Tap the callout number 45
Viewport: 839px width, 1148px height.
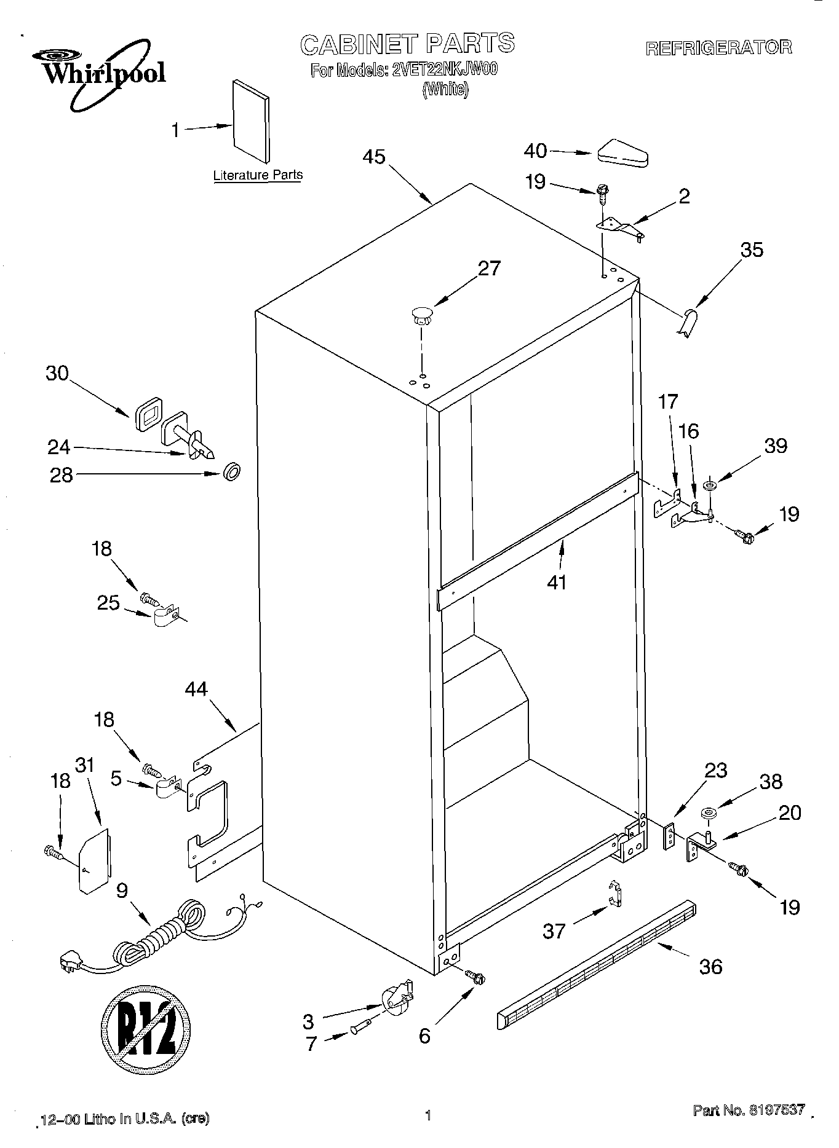374,157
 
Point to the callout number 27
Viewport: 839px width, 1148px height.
489,269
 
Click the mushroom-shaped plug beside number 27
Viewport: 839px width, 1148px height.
421,316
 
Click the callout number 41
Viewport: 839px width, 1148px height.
557,581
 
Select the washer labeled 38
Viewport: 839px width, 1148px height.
709,815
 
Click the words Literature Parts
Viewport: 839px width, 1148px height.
258,175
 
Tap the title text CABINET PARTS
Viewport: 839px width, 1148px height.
407,44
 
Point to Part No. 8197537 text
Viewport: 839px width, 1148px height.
749,1110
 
